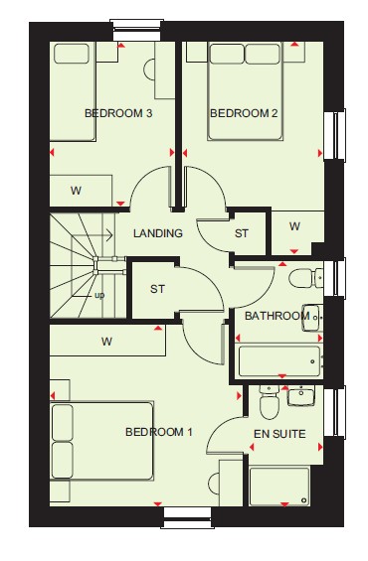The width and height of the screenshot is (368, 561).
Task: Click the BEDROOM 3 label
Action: point(118,113)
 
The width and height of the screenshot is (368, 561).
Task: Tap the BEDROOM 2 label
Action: point(244,113)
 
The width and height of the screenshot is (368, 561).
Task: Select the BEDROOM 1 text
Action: point(159,432)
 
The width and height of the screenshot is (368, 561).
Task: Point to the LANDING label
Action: point(158,233)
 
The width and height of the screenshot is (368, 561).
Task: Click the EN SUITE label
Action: point(279,434)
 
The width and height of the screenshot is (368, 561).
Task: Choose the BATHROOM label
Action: point(276,316)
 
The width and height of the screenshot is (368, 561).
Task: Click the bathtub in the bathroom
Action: point(279,361)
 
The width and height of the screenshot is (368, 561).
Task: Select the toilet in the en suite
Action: point(270,402)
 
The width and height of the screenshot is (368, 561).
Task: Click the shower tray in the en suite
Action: point(279,487)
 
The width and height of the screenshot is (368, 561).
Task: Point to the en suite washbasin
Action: point(301,396)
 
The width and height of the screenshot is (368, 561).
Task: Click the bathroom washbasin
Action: point(313,318)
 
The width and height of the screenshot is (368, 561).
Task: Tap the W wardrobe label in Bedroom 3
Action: point(76,191)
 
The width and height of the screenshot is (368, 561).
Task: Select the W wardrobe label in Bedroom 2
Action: point(294,226)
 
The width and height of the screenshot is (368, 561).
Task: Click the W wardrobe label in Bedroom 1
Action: point(106,342)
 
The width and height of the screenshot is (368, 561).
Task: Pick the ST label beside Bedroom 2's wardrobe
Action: point(241,233)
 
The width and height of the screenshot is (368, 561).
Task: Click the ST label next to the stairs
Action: point(158,289)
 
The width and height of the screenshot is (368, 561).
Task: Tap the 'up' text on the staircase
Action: point(99,296)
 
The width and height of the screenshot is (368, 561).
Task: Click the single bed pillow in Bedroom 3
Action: point(72,54)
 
